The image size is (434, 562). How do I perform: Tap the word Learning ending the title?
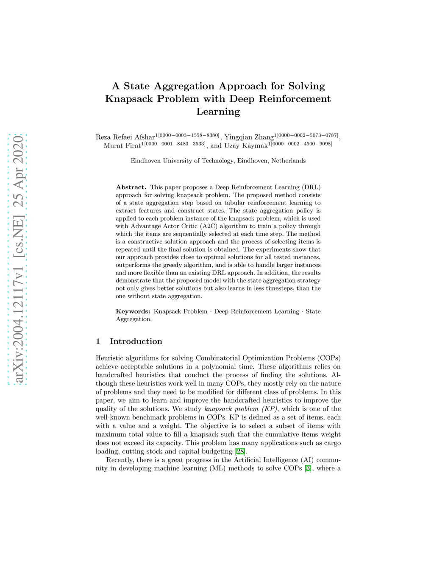[218, 112]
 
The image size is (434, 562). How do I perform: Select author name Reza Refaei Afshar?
[125, 137]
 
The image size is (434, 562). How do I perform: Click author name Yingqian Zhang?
[249, 137]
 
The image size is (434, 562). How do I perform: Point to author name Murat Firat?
[122, 145]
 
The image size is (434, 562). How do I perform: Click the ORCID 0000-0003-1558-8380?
[189, 135]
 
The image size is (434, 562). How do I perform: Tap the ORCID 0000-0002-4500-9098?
[301, 144]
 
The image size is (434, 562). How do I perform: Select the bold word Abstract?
[131, 187]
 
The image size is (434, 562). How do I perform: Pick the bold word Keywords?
[133, 311]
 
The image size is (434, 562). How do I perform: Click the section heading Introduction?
[136, 341]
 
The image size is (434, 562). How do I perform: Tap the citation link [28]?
[240, 451]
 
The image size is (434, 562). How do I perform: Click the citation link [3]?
[308, 468]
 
